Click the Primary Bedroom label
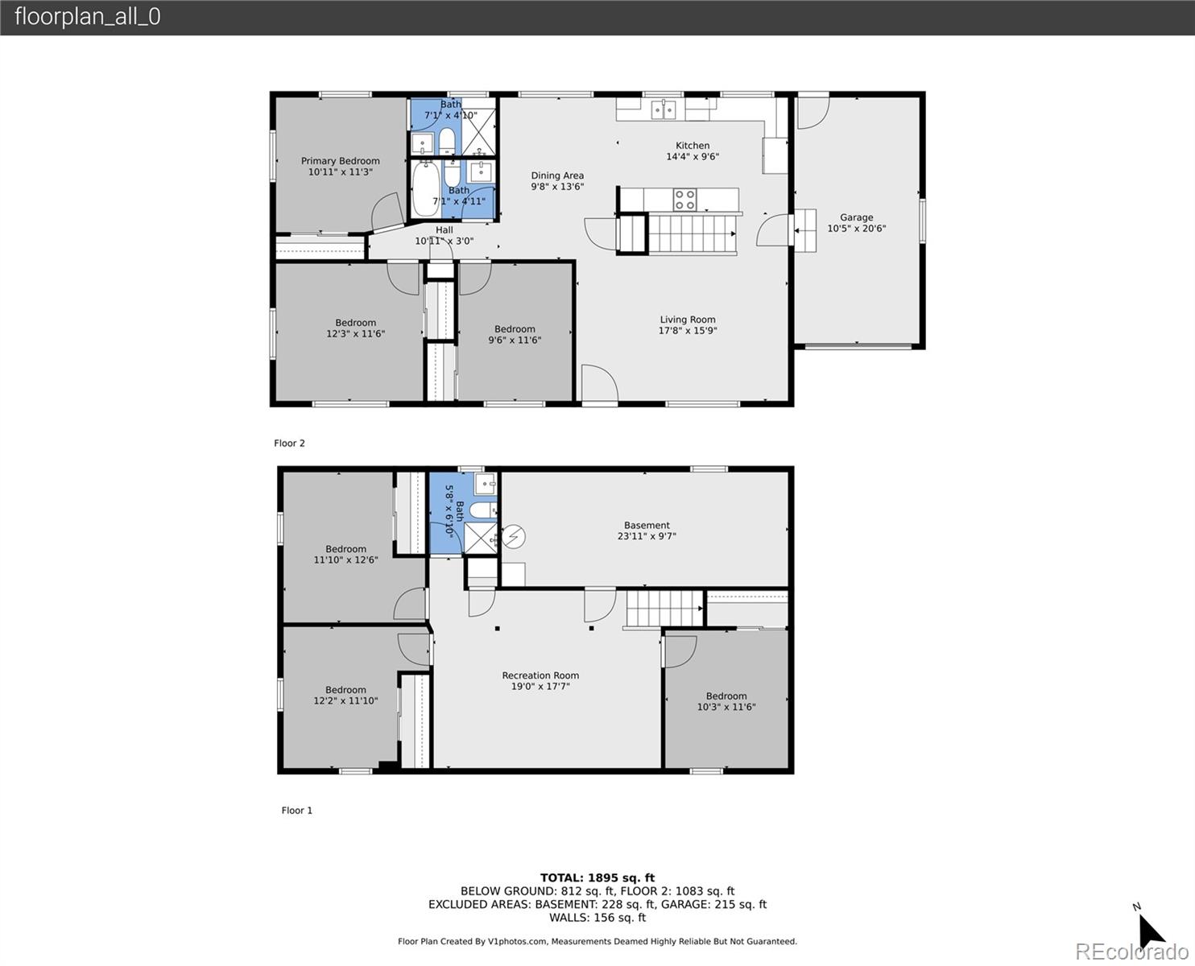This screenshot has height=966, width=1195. click(340, 161)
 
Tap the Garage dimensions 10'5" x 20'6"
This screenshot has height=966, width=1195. click(856, 229)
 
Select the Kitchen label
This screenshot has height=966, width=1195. click(692, 146)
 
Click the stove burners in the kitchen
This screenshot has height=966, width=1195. click(684, 199)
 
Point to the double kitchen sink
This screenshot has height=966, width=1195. click(664, 109)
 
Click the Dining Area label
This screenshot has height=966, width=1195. click(557, 175)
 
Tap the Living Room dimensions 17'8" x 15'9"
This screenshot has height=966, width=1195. click(687, 331)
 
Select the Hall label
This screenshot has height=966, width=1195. click(445, 230)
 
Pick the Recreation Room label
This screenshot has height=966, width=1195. click(540, 676)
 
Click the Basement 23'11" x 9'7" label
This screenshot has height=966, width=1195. click(646, 530)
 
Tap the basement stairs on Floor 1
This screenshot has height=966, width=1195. click(664, 608)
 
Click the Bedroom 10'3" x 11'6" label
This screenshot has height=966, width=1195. click(726, 702)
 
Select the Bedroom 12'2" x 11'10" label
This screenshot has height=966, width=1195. click(345, 696)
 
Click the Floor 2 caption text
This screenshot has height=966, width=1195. click(289, 444)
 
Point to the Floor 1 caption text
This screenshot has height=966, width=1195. click(296, 811)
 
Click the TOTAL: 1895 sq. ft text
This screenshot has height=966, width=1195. click(597, 877)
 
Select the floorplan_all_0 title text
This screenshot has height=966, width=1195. click(87, 17)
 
